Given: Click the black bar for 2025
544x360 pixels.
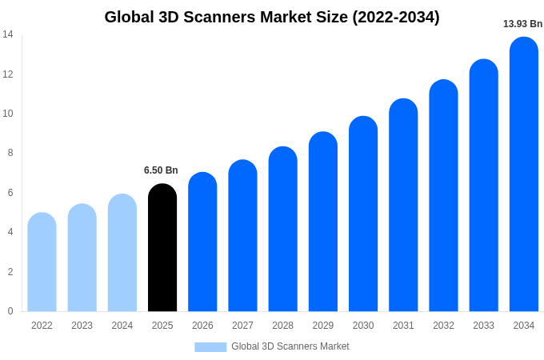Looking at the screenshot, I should (x=162, y=248).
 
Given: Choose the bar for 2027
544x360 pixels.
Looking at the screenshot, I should (x=242, y=236).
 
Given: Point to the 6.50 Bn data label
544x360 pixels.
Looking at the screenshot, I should (x=161, y=170).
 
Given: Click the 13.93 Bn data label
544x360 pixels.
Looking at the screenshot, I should (x=522, y=24).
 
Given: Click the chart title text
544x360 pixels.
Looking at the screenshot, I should (x=272, y=17).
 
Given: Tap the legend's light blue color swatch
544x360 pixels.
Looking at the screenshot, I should (x=210, y=347).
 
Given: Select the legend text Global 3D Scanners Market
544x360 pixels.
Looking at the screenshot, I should (x=290, y=346).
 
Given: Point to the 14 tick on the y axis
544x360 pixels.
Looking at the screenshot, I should (x=8, y=34).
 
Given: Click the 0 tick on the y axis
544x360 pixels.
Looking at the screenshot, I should (x=10, y=311).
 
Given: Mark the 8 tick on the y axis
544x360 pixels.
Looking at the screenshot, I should (x=10, y=153).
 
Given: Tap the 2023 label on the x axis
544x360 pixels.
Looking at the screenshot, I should (x=82, y=326).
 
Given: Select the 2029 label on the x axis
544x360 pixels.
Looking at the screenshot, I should (x=323, y=326).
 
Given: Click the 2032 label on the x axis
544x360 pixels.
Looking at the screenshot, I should (x=443, y=326).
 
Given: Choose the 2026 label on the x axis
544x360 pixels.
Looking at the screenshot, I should (x=202, y=326).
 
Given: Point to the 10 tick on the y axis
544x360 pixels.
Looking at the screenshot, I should (x=8, y=114).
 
